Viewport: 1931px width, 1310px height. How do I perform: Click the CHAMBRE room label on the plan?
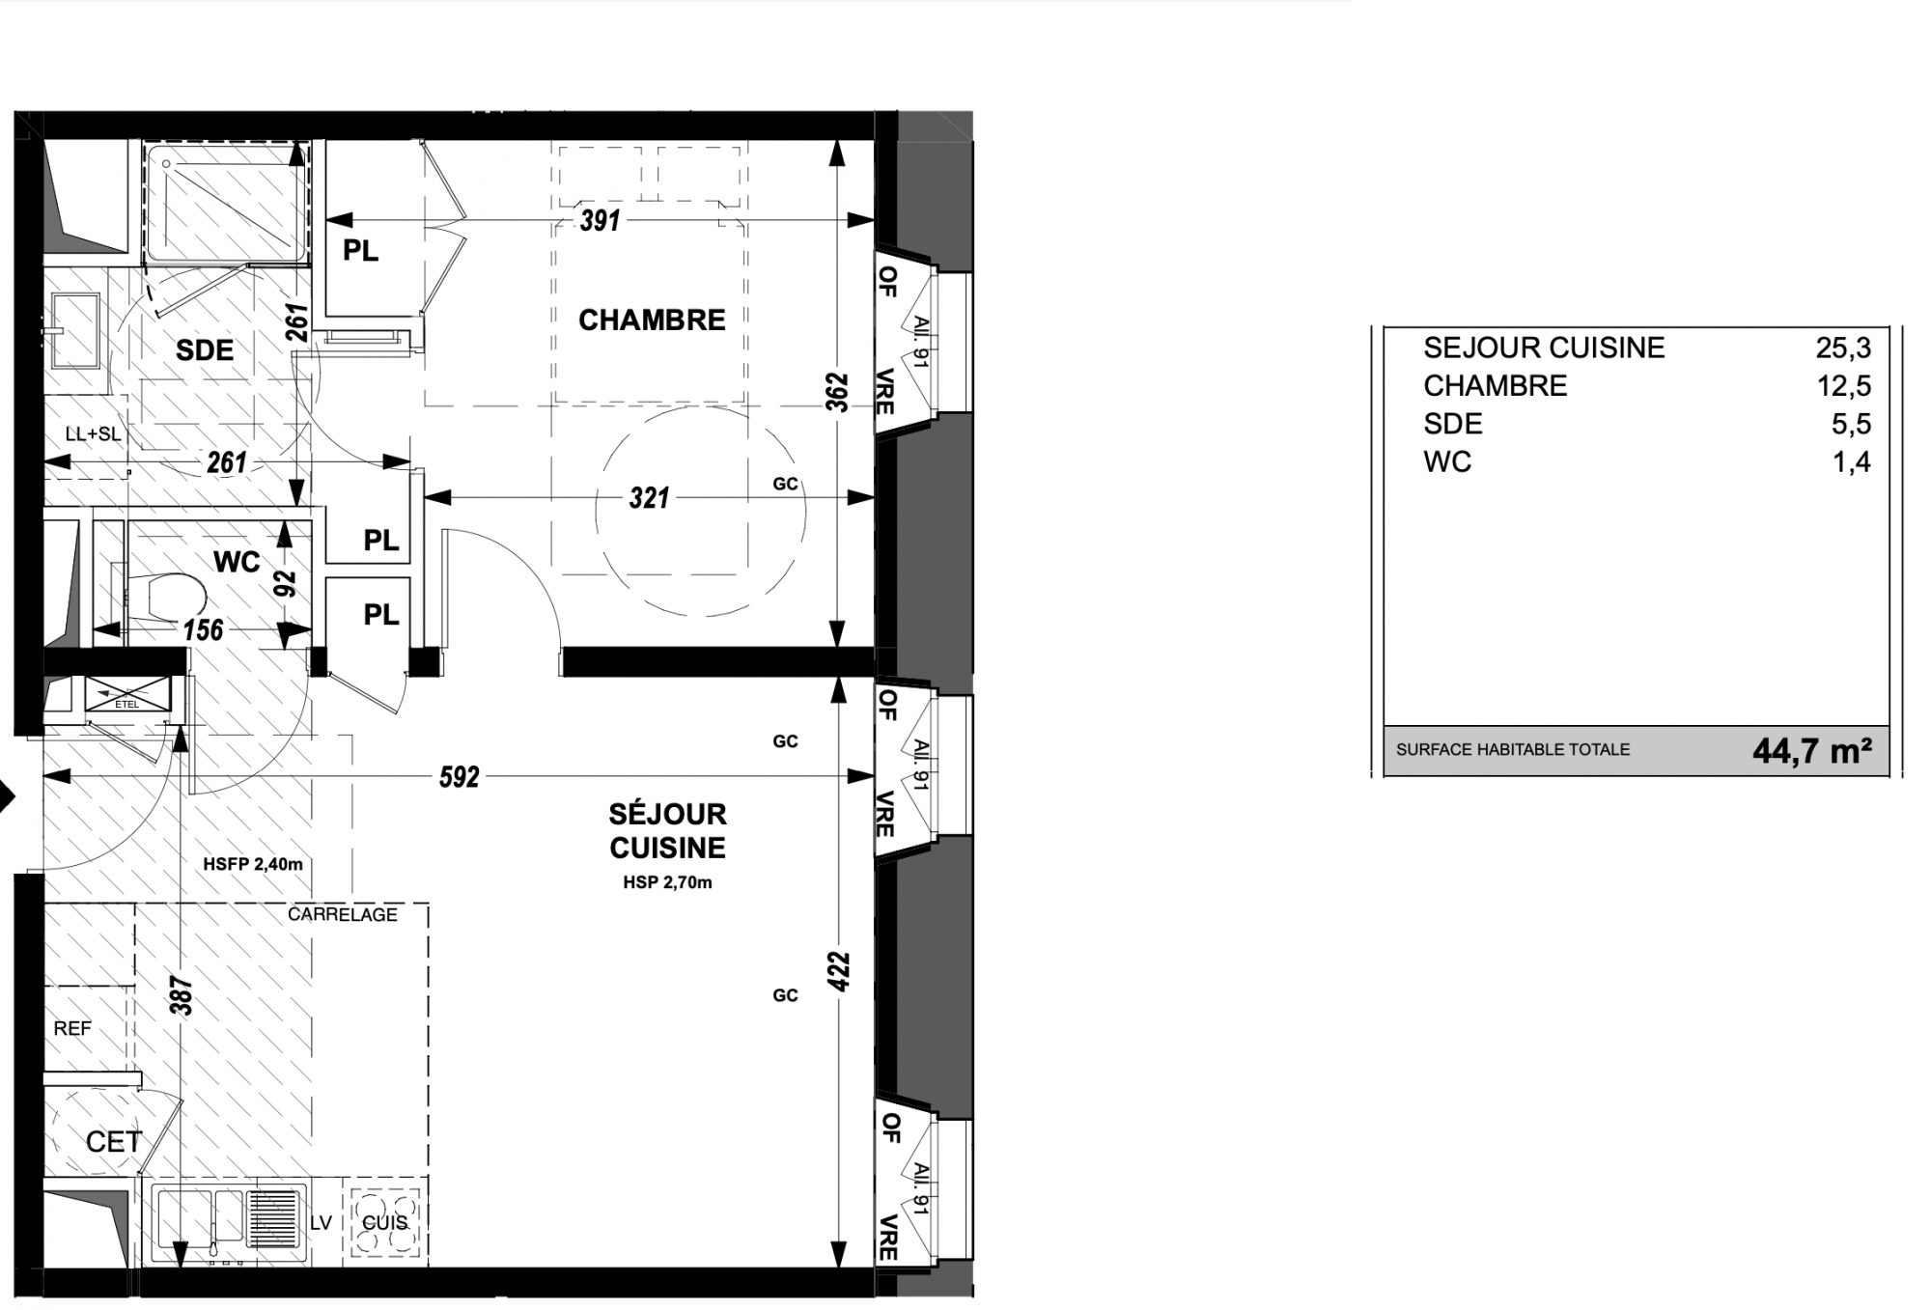click(652, 320)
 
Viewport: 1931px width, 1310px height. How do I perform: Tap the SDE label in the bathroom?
click(205, 350)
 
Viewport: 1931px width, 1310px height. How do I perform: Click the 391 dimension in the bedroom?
click(600, 220)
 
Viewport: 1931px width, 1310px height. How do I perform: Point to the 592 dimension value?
click(460, 777)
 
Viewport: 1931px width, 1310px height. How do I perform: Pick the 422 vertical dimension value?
click(839, 971)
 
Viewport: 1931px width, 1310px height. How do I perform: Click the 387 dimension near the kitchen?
click(182, 996)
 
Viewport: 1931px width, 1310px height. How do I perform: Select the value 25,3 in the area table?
click(1843, 348)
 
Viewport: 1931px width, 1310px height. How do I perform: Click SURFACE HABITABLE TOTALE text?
click(1513, 749)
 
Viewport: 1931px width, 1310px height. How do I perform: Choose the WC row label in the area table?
click(1447, 462)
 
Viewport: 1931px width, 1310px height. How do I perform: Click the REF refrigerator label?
click(72, 1029)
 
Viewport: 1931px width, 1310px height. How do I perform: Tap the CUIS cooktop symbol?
click(385, 1221)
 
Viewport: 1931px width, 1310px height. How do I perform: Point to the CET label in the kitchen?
click(114, 1142)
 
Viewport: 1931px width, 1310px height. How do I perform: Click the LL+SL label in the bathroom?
click(94, 434)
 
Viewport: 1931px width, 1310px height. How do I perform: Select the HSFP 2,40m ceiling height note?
click(253, 864)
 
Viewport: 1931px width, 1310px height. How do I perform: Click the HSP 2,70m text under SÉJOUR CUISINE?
click(667, 882)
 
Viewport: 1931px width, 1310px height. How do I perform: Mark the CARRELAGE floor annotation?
click(343, 914)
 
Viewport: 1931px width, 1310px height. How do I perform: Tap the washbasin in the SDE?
click(76, 331)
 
